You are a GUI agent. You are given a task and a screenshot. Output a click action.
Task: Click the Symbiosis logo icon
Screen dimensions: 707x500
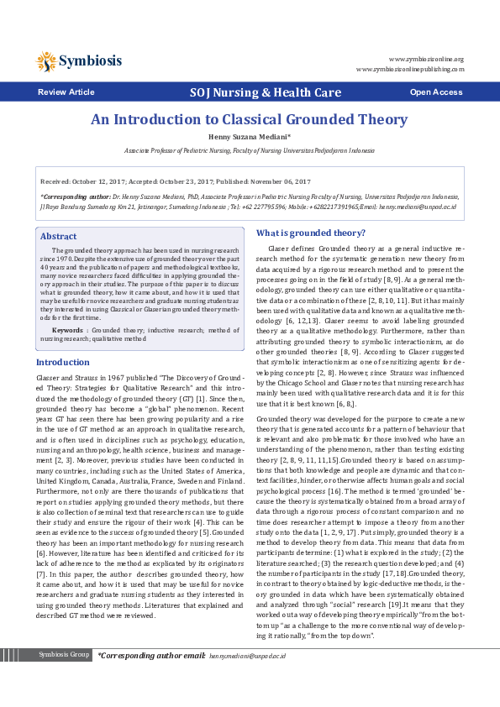click(x=46, y=61)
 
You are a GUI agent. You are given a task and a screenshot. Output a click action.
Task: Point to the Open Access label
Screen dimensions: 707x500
click(x=435, y=92)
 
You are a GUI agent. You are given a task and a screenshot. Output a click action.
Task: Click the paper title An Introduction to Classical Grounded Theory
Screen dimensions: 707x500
click(x=249, y=119)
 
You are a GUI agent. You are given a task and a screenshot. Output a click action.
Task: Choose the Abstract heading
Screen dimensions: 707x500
click(x=58, y=237)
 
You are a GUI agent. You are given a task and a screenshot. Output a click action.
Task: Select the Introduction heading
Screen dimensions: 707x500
click(x=62, y=362)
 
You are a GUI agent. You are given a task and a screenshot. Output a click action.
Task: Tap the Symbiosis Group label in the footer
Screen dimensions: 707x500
click(x=64, y=678)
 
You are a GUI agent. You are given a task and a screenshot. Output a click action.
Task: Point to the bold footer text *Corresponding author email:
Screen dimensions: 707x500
click(x=151, y=678)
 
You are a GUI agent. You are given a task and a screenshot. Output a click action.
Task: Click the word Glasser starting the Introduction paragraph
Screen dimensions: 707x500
click(x=49, y=379)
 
